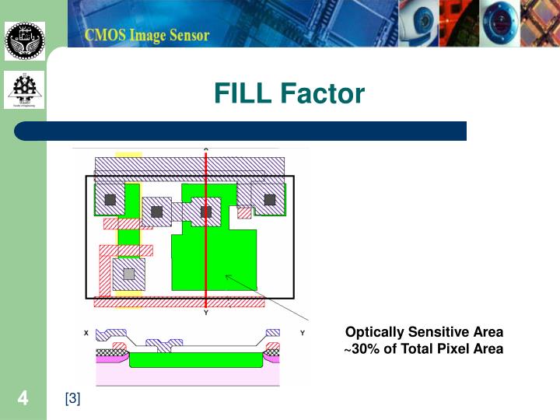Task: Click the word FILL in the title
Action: pyautogui.click(x=243, y=94)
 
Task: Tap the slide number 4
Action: pyautogui.click(x=23, y=399)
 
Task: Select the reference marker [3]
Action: pyautogui.click(x=72, y=399)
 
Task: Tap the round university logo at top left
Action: pyautogui.click(x=25, y=41)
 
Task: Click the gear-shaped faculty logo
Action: pyautogui.click(x=25, y=90)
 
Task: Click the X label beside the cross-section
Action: pyautogui.click(x=86, y=333)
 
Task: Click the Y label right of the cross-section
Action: pyautogui.click(x=301, y=333)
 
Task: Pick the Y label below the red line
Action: pyautogui.click(x=206, y=313)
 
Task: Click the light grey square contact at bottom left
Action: pyautogui.click(x=129, y=273)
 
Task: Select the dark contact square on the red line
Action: pyautogui.click(x=206, y=211)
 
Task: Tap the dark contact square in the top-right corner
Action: pyautogui.click(x=269, y=200)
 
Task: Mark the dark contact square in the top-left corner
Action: pyautogui.click(x=110, y=200)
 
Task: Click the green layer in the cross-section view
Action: pyautogui.click(x=194, y=360)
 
